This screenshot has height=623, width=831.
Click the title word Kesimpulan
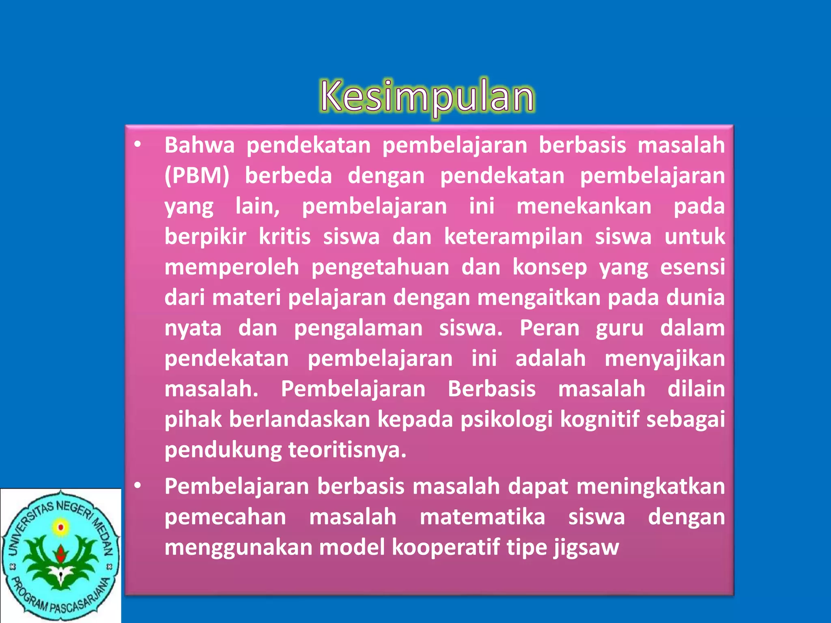click(x=427, y=97)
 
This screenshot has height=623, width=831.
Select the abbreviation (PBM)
click(x=197, y=176)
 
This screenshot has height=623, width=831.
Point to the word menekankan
click(x=584, y=206)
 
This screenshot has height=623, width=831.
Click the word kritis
click(x=285, y=236)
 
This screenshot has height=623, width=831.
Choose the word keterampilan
click(x=513, y=236)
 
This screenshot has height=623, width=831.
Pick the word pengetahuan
click(x=380, y=268)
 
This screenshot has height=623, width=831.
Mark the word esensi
click(x=692, y=267)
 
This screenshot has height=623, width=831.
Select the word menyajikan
click(x=665, y=359)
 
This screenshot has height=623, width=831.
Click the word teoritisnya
click(x=347, y=450)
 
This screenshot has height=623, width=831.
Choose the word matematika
click(x=482, y=517)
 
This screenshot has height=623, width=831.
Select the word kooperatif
click(x=445, y=548)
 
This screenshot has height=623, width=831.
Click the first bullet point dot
click(x=138, y=145)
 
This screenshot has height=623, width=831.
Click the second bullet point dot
click(x=138, y=486)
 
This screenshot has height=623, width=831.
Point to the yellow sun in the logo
click(x=61, y=527)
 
